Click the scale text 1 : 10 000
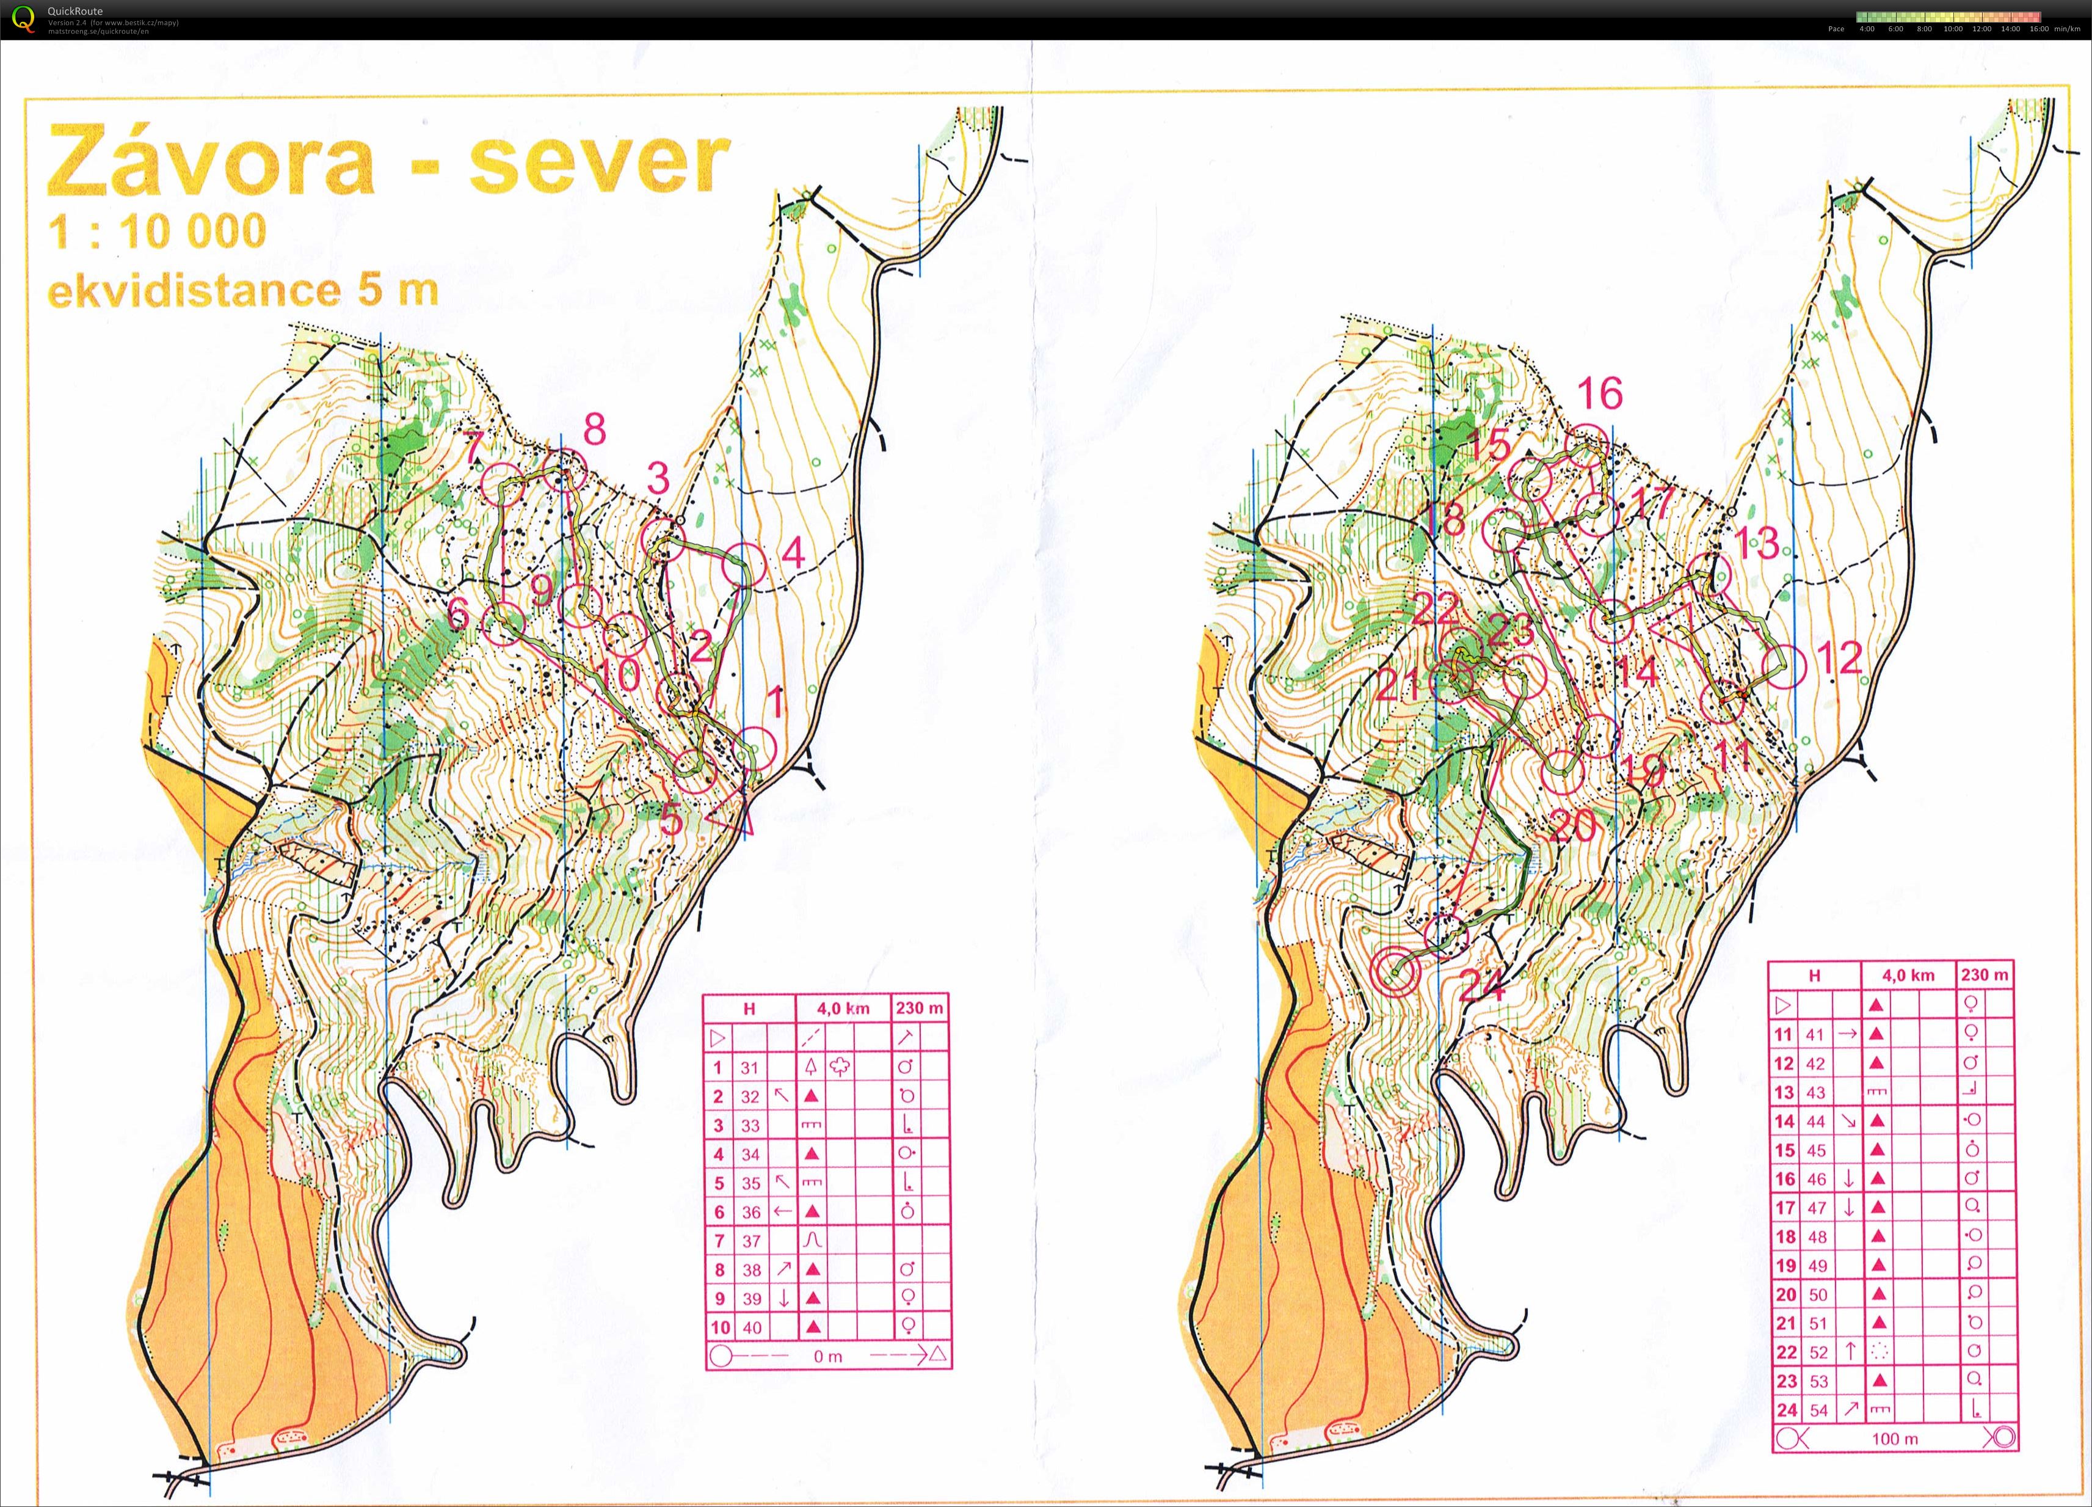click(157, 231)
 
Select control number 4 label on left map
click(793, 553)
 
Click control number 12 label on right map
click(1839, 658)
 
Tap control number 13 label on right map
click(1757, 542)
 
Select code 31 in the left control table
click(749, 1068)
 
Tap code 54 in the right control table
click(1818, 1410)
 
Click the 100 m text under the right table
click(1887, 1438)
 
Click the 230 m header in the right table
click(1984, 974)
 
